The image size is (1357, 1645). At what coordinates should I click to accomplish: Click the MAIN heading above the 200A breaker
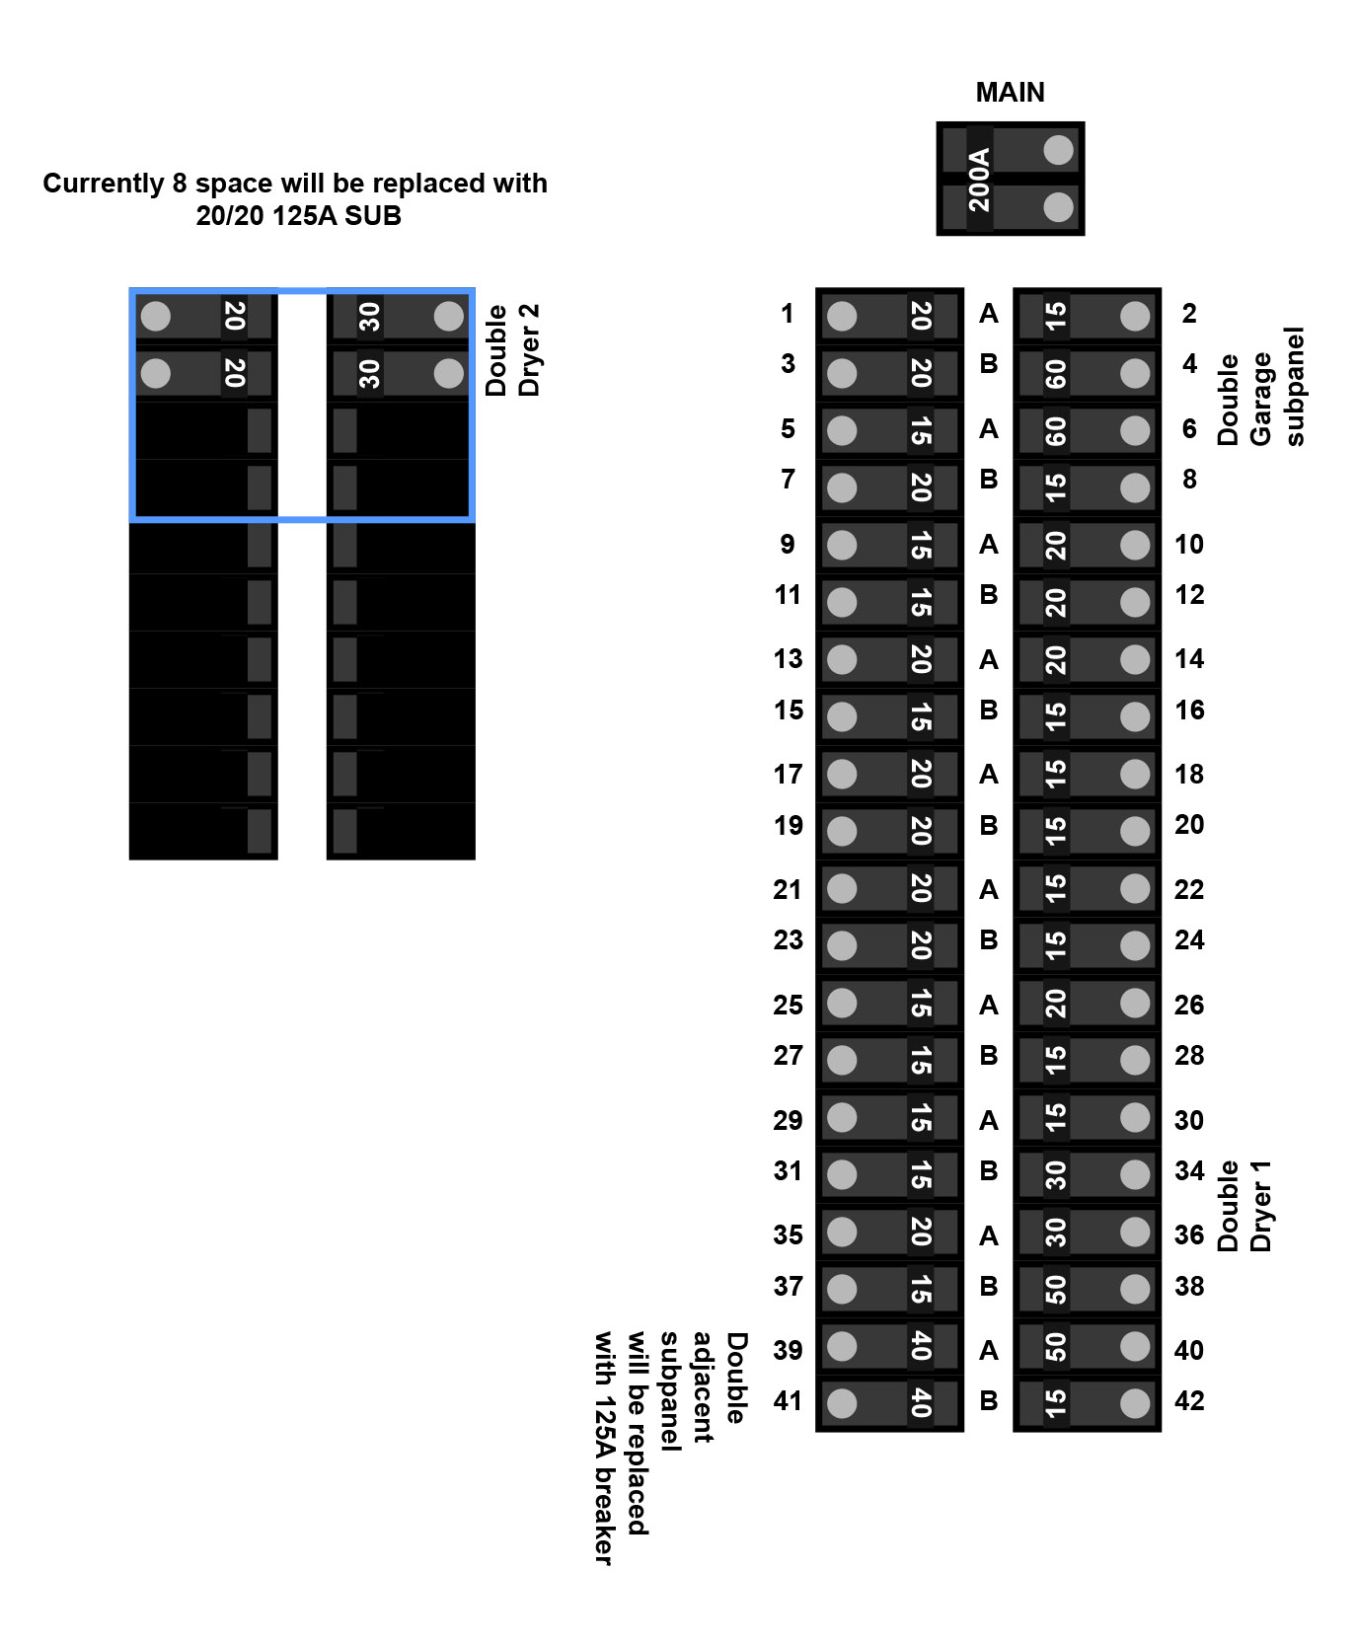1010,92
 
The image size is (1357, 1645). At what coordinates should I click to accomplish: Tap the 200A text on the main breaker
978,179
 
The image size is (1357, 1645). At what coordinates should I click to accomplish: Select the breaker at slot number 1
889,316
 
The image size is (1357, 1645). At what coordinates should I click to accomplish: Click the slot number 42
1189,1400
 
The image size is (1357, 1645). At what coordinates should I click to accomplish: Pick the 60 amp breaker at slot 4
1087,373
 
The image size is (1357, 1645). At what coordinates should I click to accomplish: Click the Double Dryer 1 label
1244,1206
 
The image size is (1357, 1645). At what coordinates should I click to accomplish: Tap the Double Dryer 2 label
513,349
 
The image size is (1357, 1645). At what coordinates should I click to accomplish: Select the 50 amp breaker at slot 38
1087,1289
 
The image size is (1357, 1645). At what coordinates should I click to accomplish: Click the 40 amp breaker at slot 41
889,1402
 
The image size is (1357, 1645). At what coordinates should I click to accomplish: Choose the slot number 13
788,659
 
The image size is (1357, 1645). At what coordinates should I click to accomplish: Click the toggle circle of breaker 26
1135,1004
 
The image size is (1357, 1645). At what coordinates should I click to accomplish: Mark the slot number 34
1189,1170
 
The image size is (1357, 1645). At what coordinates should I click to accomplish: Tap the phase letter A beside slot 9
989,544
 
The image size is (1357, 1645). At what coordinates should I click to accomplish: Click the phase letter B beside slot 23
989,939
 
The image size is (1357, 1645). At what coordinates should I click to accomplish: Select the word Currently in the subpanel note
103,184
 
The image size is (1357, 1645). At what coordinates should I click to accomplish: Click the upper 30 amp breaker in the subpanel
400,317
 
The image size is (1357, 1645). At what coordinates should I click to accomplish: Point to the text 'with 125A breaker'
603,1448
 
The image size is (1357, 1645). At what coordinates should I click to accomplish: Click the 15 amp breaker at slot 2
1087,316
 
